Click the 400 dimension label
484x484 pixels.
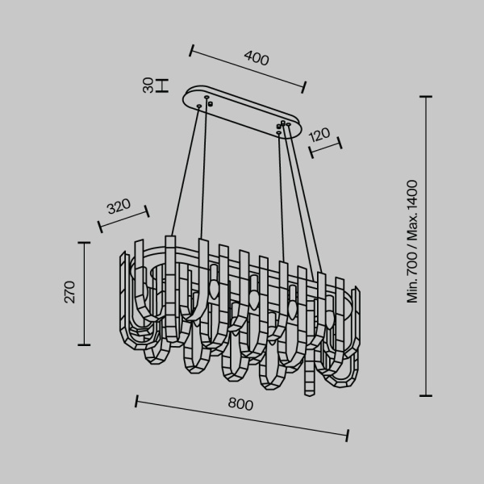tap(256, 58)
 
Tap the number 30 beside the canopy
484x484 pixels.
tap(148, 85)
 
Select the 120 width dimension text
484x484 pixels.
tap(319, 134)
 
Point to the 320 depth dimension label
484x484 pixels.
tap(119, 205)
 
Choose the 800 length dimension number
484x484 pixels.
tap(240, 404)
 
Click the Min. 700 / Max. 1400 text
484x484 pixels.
tap(413, 241)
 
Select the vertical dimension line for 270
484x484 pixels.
tap(84, 292)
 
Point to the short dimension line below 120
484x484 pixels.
tap(325, 146)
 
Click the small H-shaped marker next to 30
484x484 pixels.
tap(162, 85)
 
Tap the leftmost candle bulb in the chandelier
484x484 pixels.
tap(214, 288)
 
